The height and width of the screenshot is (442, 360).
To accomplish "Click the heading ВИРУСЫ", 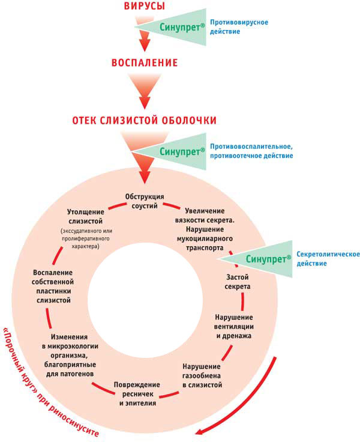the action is [145, 5].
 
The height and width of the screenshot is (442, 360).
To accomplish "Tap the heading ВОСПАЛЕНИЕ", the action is [145, 62].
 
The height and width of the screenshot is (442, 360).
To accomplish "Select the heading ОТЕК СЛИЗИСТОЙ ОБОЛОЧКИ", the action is [145, 120].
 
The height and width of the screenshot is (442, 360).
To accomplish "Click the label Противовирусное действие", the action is [239, 27].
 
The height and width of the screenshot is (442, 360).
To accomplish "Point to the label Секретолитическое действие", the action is [328, 259].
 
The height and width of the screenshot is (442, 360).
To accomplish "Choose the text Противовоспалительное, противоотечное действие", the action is [251, 151].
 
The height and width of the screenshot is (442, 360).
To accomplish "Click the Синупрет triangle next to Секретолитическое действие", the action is [256, 259].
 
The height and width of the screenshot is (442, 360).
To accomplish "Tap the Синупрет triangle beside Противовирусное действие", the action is [171, 27].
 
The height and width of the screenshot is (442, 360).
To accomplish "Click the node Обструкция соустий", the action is [145, 201].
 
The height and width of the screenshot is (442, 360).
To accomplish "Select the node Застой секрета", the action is [238, 282].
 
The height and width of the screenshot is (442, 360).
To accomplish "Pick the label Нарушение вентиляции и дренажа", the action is [234, 327].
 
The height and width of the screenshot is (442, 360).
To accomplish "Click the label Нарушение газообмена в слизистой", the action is [202, 375].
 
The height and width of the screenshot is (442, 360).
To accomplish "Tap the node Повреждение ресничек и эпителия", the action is [137, 394].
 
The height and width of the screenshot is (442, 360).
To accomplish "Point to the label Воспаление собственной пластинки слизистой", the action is [53, 286].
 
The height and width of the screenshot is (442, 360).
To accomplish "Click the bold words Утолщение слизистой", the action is [86, 216].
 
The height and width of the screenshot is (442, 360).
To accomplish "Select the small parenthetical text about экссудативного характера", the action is [86, 238].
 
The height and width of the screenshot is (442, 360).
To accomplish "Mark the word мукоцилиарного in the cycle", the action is [205, 239].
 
